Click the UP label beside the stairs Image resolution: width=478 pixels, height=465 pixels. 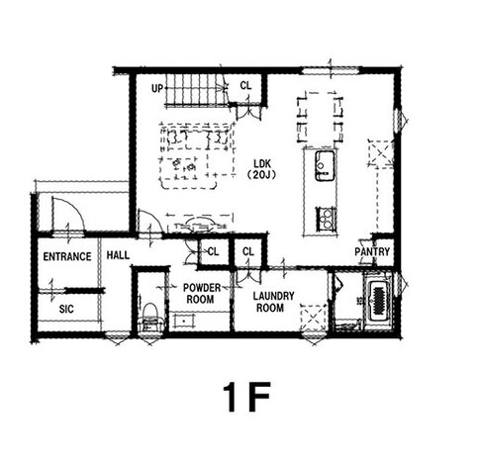tap(157, 88)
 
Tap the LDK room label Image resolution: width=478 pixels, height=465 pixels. tap(262, 163)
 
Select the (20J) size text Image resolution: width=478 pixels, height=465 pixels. tap(261, 175)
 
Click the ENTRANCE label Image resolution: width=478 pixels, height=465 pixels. tap(67, 256)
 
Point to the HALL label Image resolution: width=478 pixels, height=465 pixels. tap(118, 255)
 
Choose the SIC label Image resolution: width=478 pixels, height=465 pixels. tap(66, 309)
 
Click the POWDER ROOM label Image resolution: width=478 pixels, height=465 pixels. tap(202, 294)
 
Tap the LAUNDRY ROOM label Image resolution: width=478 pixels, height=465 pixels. tap(273, 302)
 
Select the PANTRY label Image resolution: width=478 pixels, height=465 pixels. tap(372, 252)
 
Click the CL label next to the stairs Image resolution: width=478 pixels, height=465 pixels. tap(245, 86)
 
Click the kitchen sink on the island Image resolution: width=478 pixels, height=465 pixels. tap(325, 165)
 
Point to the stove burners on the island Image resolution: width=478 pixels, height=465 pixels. tap(326, 219)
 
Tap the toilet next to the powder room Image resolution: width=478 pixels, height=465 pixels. tap(150, 317)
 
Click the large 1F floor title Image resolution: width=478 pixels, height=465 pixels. tap(246, 397)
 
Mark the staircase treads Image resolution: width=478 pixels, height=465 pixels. tap(195, 89)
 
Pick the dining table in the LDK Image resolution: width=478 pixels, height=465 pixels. tap(321, 120)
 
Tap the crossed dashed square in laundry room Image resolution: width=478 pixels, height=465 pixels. tap(313, 318)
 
